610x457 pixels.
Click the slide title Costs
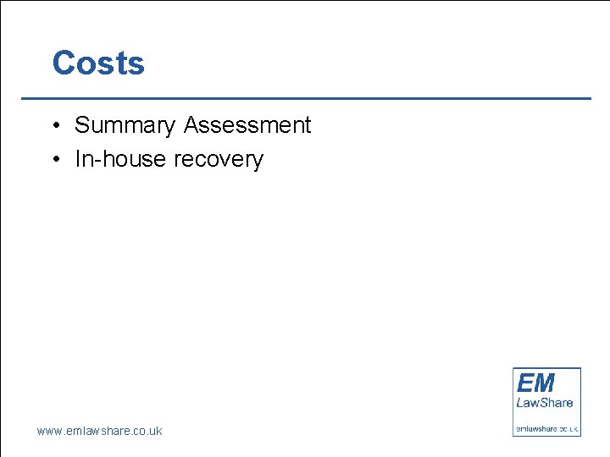98,63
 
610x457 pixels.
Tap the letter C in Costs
64,63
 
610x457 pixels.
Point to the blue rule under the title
305,99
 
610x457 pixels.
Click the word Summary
125,125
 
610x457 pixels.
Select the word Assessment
247,125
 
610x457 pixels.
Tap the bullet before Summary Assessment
53,126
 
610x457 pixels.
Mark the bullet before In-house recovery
53,160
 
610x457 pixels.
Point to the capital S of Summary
82,125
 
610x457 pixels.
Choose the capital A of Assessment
191,125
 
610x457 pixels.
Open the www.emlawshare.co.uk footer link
99,431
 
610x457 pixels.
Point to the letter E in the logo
525,383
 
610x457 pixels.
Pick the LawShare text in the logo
545,402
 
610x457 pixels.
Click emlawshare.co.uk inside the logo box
547,428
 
